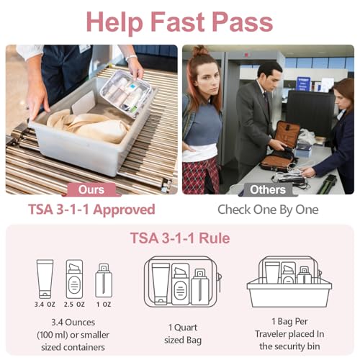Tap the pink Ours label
91,191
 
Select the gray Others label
268,191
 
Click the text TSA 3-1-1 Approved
91,210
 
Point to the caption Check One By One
268,210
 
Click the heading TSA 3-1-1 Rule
180,238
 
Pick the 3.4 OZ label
45,305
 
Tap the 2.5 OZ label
74,305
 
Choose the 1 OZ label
104,305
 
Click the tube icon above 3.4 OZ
45,278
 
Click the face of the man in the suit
269,73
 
